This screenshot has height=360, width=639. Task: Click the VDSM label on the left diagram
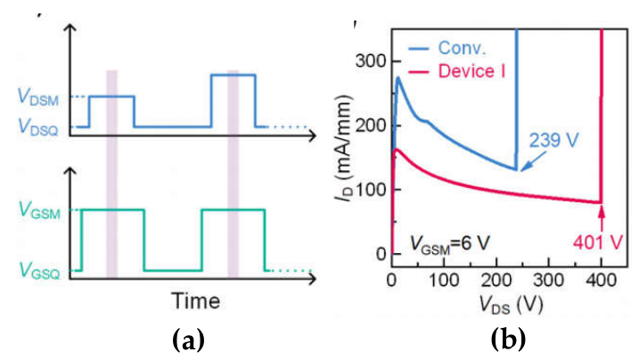pos(38,98)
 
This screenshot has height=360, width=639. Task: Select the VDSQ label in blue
pos(38,127)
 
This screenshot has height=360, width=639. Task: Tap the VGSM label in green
pos(39,211)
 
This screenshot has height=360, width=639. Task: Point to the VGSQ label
pos(40,270)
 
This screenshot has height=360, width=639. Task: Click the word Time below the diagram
pos(195,300)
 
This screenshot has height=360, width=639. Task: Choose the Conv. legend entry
pos(463,48)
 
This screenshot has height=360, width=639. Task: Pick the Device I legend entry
pos(472,71)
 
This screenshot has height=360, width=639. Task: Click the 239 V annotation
pos(553,141)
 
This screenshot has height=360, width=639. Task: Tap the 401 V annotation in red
pos(598,242)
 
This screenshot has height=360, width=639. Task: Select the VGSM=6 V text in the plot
pos(449,243)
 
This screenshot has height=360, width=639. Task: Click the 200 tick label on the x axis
pos(496,280)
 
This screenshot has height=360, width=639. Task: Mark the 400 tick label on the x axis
pos(601,280)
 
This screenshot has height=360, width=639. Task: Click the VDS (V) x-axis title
pos(512,305)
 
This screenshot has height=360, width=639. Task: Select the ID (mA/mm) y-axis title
pos(343,148)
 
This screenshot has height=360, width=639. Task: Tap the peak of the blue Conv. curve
pos(398,78)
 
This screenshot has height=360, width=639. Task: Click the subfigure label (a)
pos(188,341)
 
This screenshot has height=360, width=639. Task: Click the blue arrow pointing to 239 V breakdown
pos(533,160)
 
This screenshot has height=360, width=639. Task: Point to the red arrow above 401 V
pos(602,219)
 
